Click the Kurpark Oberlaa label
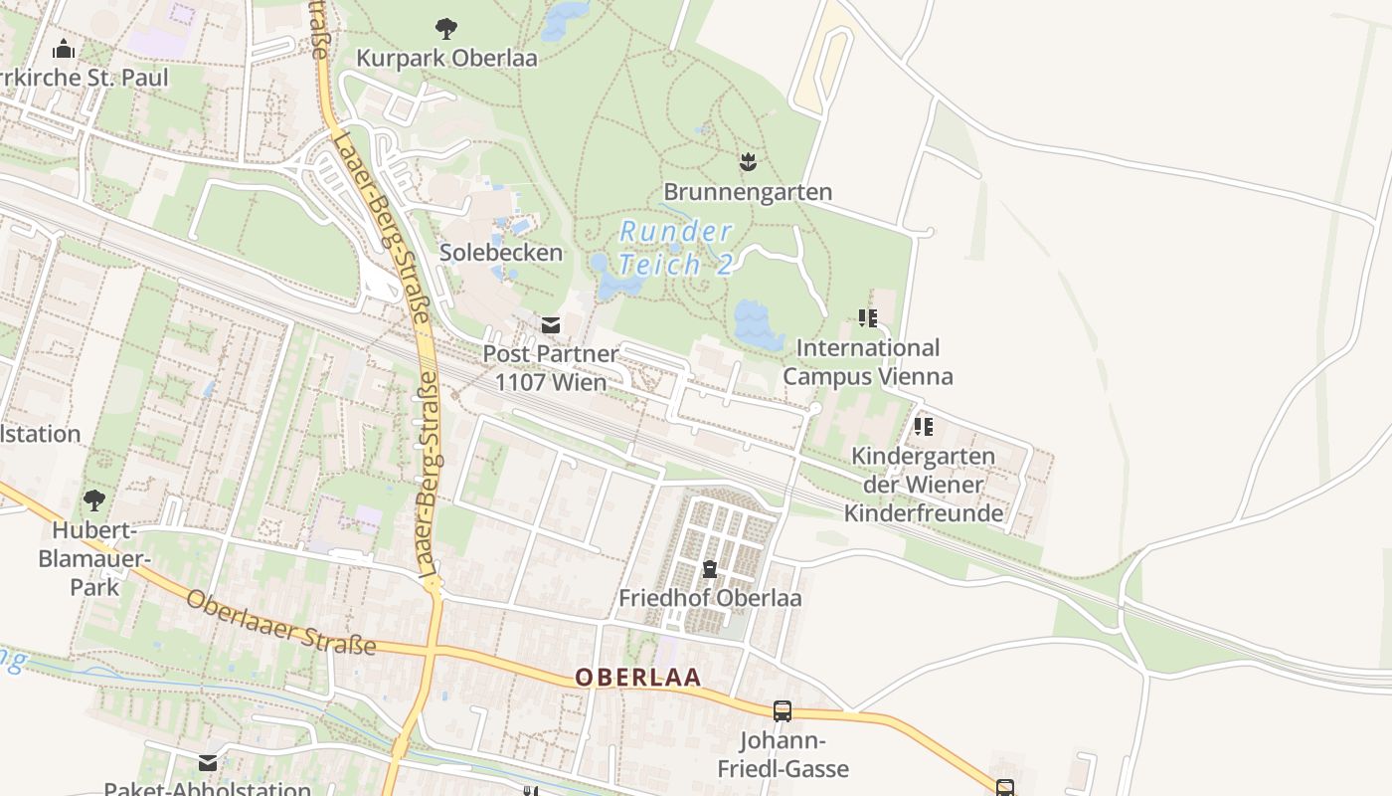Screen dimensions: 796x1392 [x=446, y=58]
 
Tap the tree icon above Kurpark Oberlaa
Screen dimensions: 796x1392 [x=446, y=29]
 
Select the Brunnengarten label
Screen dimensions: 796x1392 [x=748, y=191]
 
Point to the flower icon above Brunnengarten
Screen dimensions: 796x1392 [x=748, y=161]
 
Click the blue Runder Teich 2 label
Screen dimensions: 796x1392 [x=676, y=248]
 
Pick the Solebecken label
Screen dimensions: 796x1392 [x=501, y=253]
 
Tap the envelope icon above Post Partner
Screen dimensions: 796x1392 [x=550, y=324]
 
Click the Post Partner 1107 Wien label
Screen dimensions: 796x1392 [x=550, y=368]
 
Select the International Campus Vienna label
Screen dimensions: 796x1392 [x=868, y=362]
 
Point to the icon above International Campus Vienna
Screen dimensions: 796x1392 [x=868, y=318]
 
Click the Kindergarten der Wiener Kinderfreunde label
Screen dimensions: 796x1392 [x=924, y=485]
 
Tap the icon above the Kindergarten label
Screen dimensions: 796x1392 [x=924, y=427]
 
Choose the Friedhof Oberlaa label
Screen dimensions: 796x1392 [x=710, y=598]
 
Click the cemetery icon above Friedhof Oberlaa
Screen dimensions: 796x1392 [x=710, y=569]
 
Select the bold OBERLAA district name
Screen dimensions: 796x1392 [x=638, y=678]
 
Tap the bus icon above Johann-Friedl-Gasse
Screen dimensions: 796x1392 [x=783, y=711]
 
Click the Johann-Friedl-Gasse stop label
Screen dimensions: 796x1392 [x=783, y=755]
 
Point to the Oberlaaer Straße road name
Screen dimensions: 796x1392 [x=281, y=624]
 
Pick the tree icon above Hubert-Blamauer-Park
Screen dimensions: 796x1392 [x=94, y=499]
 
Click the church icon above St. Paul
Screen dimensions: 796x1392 [x=65, y=48]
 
